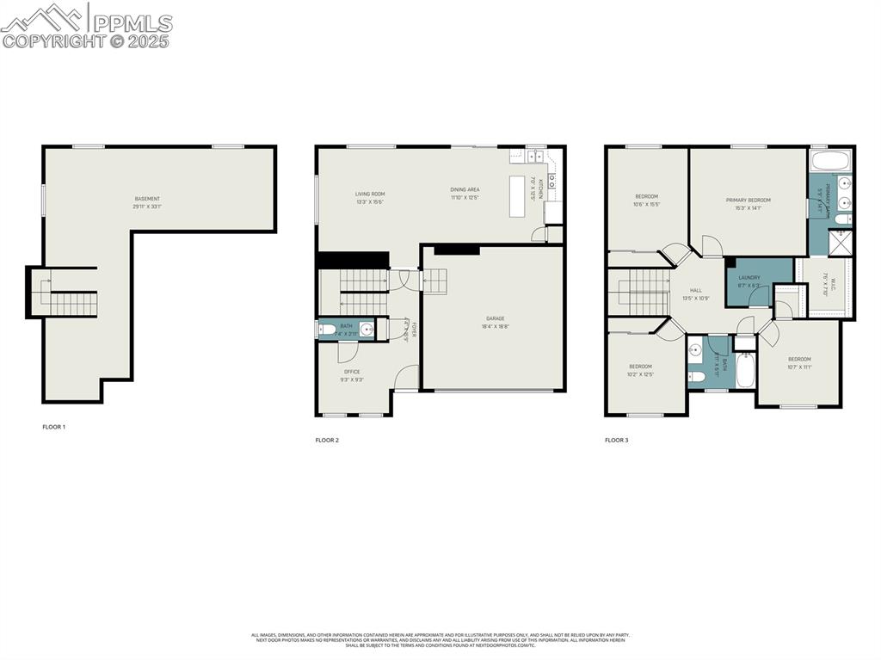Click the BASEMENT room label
coord(147,199)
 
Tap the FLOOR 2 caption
coord(327,440)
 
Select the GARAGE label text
coord(494,318)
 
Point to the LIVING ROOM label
coord(370,194)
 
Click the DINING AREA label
coord(465,189)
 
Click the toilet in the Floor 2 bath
coord(328,329)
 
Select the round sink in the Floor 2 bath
coord(367,329)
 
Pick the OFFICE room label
coord(352,372)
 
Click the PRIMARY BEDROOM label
coord(748,200)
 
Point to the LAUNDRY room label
coord(749,277)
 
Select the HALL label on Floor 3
coord(695,291)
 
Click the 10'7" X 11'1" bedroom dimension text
coord(799,367)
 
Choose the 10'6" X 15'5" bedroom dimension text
coord(646,204)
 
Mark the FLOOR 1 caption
coord(53,427)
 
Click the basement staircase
coord(68,301)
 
